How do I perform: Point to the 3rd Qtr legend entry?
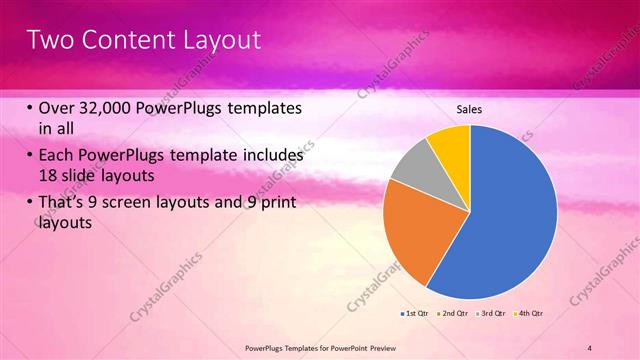tap(490, 314)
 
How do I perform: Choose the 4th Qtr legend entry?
tap(528, 314)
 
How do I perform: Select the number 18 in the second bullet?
tap(48, 177)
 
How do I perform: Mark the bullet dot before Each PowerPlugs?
tap(30, 157)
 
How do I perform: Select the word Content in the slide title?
tap(123, 40)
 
